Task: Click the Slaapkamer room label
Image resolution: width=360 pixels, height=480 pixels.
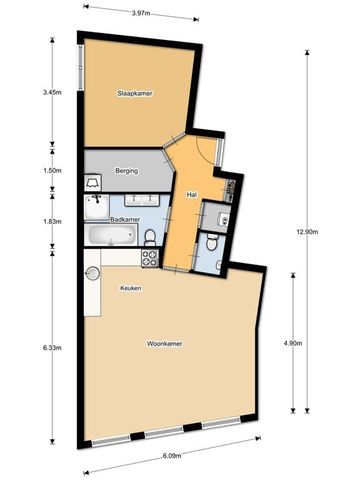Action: (133, 94)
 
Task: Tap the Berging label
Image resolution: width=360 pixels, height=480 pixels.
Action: (126, 171)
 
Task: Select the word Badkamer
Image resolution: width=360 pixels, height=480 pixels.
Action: (124, 218)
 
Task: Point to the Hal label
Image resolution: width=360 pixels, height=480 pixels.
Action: (191, 194)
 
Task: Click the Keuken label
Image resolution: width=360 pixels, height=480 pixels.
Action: (130, 288)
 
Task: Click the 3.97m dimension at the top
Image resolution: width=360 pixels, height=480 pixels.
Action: (140, 14)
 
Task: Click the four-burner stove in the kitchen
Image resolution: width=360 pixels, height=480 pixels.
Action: (150, 256)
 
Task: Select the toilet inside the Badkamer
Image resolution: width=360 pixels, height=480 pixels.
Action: (148, 236)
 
